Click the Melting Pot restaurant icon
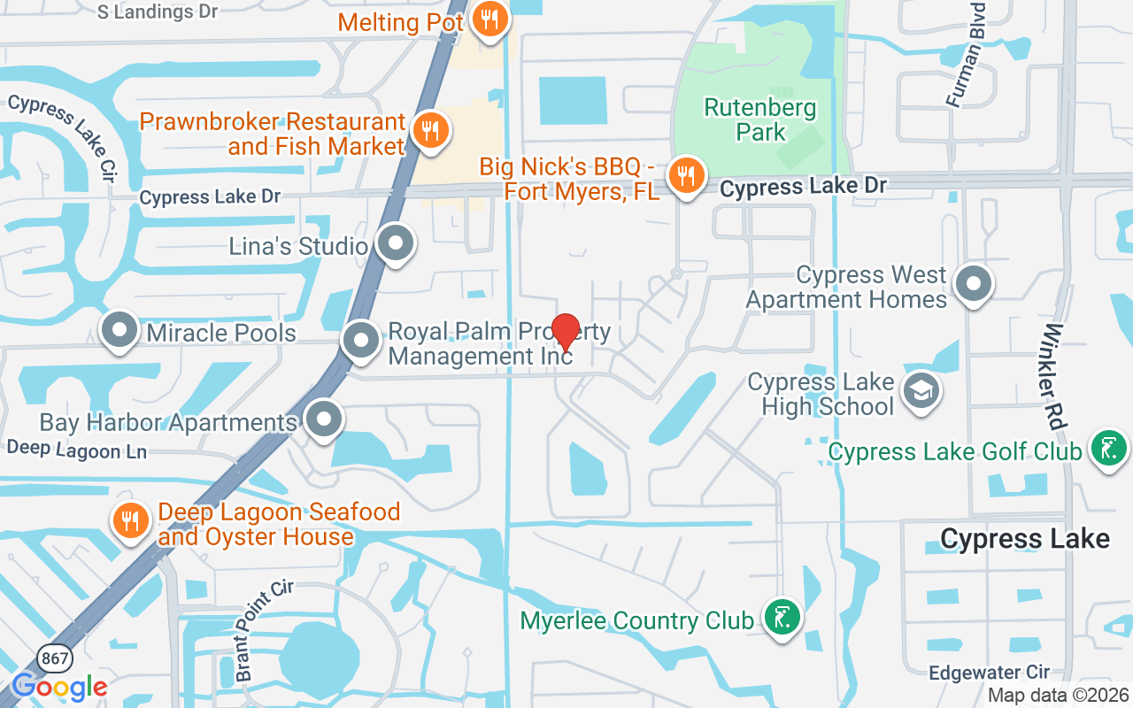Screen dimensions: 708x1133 488,19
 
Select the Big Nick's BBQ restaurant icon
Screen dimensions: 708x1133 685,176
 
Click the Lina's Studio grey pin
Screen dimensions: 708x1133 395,243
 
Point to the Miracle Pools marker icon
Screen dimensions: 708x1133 119,332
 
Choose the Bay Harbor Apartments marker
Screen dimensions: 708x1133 324,420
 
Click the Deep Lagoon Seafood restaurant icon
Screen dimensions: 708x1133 131,520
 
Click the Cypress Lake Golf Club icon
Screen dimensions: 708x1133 1107,450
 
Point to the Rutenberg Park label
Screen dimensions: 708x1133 760,120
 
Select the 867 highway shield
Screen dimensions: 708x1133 52,658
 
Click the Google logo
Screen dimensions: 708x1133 60,687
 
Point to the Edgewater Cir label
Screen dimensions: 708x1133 989,673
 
